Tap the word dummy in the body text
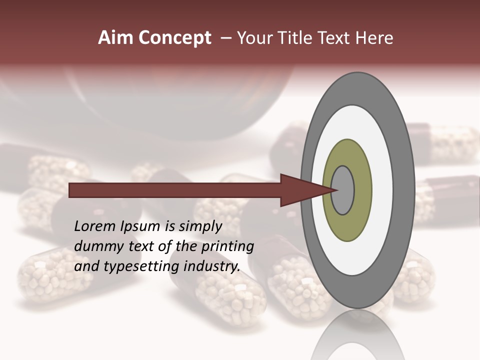click(95, 246)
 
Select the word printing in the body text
click(227, 247)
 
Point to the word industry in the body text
click(212, 266)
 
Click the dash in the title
click(226, 38)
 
